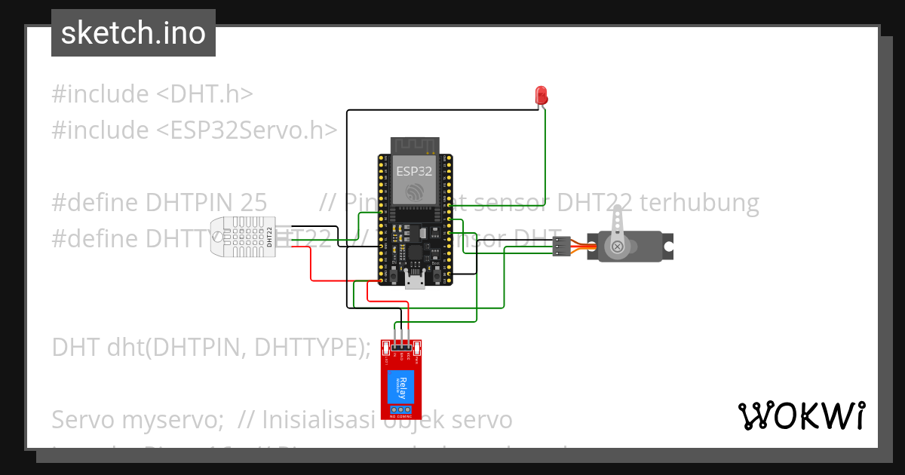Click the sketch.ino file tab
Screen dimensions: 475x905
click(133, 33)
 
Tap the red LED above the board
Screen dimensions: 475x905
click(541, 95)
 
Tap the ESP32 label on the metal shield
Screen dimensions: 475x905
click(414, 171)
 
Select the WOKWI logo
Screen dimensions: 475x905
click(801, 415)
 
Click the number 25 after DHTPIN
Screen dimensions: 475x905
click(253, 202)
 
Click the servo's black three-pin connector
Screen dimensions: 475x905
click(560, 246)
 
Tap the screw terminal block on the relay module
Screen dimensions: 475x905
click(401, 412)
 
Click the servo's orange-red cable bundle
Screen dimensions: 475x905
click(581, 247)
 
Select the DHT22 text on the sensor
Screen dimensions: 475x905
click(269, 236)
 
